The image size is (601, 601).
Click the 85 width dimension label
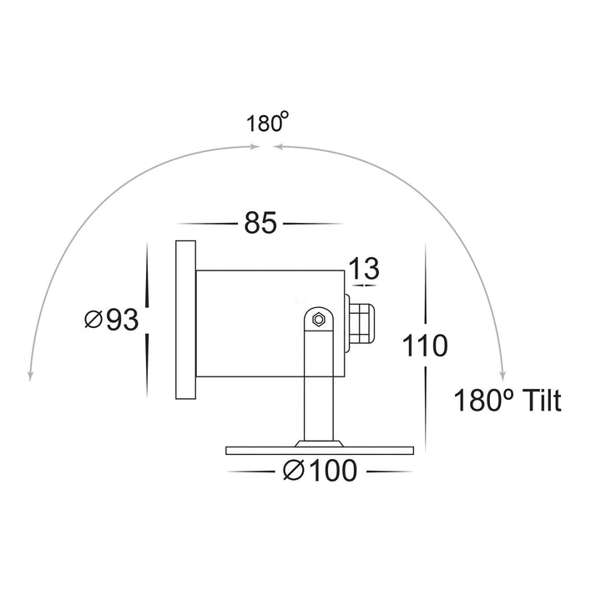tap(260, 224)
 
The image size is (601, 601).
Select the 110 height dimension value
tap(426, 345)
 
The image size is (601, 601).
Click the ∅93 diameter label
tap(111, 319)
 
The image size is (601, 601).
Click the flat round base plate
tap(321, 450)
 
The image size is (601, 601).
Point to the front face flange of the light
tap(184, 319)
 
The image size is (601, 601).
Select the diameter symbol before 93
tap(93, 319)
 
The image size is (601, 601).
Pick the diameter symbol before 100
tap(292, 472)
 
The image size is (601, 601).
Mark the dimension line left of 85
tap(205, 224)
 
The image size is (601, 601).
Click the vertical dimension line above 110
tap(426, 284)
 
